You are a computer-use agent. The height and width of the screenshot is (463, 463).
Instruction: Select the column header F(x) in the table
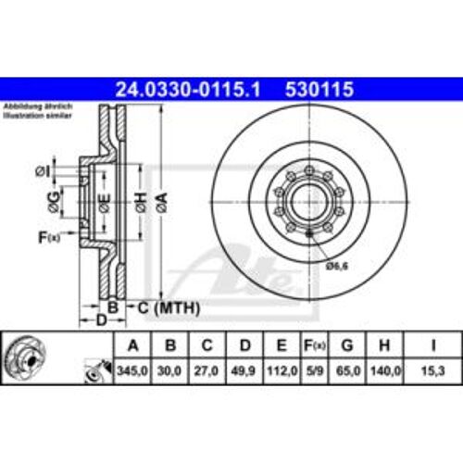314,347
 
